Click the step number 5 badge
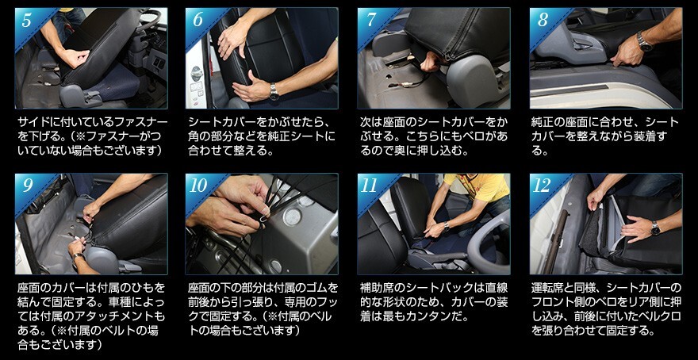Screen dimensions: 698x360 (x=26, y=21)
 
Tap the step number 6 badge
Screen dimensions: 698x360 (x=198, y=21)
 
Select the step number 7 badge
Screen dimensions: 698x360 (x=370, y=21)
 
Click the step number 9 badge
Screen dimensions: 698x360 (x=27, y=186)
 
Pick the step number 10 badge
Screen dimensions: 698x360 (x=198, y=186)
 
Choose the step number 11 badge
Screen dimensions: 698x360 (x=370, y=186)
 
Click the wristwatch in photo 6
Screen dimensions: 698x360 (x=274, y=91)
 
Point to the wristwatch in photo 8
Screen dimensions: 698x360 (x=644, y=41)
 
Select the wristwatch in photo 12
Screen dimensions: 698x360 (x=655, y=228)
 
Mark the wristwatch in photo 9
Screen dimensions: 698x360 (x=79, y=258)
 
